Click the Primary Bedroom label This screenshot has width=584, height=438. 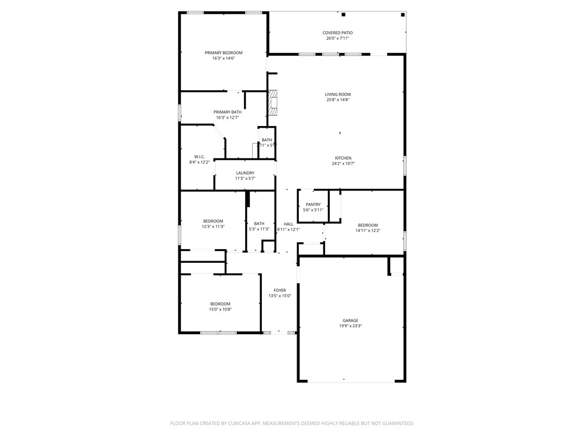[224, 52]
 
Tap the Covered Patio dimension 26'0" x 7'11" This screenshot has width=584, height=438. [338, 38]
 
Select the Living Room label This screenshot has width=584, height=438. [338, 94]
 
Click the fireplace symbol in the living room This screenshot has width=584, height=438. [274, 103]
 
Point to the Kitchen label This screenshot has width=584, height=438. [343, 158]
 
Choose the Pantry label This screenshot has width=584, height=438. [313, 204]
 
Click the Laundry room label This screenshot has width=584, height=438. [245, 173]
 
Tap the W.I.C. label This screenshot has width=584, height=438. [200, 156]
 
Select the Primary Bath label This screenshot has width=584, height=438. [228, 112]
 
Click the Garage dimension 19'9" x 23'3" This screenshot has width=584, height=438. [351, 326]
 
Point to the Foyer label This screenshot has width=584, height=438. [280, 290]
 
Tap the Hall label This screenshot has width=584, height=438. [289, 224]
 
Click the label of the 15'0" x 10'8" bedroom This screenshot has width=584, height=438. [220, 303]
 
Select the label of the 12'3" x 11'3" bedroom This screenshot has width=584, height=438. [213, 221]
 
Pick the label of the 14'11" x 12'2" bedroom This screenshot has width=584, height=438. [368, 225]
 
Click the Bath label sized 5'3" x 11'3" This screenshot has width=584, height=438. [259, 224]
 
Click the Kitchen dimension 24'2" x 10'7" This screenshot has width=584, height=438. [343, 164]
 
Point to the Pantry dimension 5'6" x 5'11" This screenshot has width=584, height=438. [313, 210]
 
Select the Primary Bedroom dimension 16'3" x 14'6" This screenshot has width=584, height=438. [224, 58]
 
